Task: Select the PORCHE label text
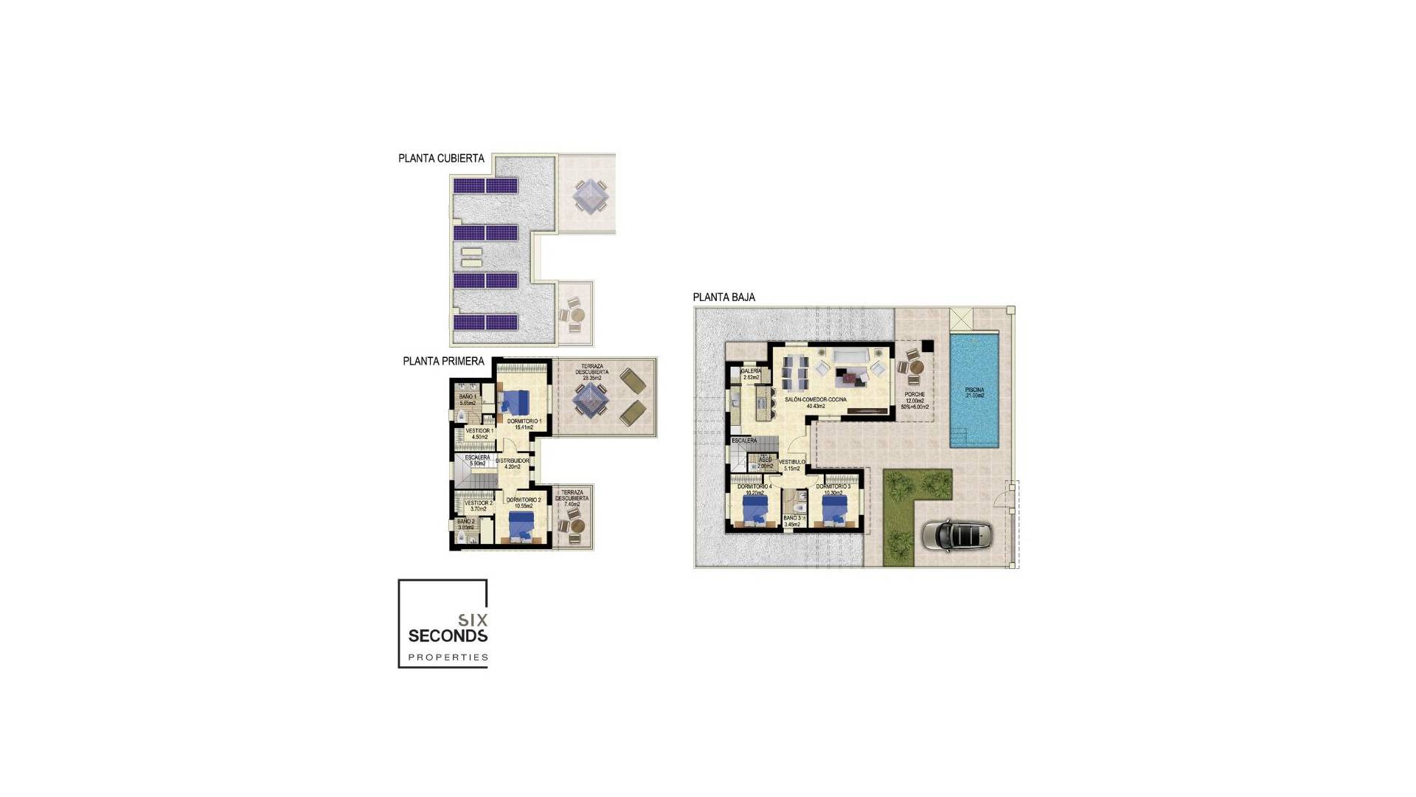[x=914, y=395]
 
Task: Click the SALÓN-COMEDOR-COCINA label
[x=816, y=399]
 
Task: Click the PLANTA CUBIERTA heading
[x=441, y=159]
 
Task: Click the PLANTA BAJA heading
[x=723, y=297]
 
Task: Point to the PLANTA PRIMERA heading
[x=443, y=362]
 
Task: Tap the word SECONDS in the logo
[x=448, y=636]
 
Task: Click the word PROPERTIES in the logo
[x=448, y=657]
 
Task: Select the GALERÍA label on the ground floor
[x=751, y=371]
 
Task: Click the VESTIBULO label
[x=792, y=462]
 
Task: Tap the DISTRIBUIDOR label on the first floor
[x=512, y=460]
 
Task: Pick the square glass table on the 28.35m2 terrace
[x=591, y=399]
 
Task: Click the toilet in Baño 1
[x=461, y=418]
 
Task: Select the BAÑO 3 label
[x=792, y=518]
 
